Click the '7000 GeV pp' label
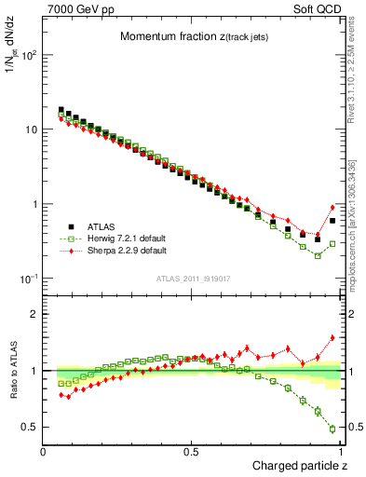[77, 8]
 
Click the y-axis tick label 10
[30, 129]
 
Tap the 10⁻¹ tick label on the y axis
[28, 279]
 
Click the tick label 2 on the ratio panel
[34, 314]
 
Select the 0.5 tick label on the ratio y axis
[30, 427]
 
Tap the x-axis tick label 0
[44, 452]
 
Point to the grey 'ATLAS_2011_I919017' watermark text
[193, 278]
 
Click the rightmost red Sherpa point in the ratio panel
[332, 338]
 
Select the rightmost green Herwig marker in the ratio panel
[332, 429]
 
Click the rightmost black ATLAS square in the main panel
[332, 221]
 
